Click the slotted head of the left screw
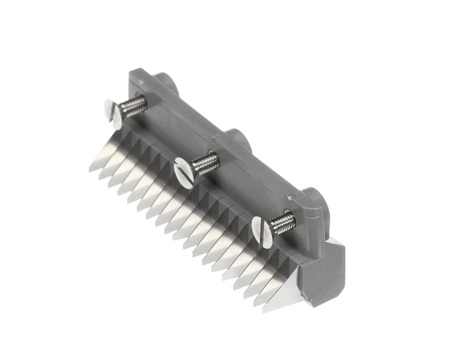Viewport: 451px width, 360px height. [x=110, y=113]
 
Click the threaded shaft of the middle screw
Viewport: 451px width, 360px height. [x=204, y=163]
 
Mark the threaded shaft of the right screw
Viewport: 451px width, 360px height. [x=283, y=222]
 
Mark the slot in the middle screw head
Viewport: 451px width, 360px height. [x=183, y=172]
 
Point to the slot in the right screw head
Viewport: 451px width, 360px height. [x=260, y=230]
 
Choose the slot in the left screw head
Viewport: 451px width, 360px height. [x=111, y=113]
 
